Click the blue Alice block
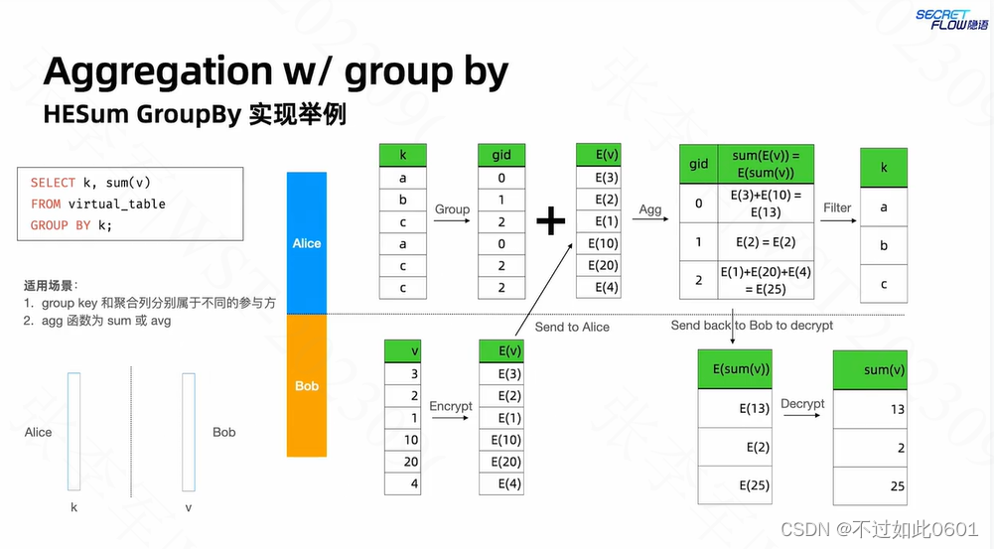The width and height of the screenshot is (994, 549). (x=306, y=243)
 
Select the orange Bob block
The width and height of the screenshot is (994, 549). (x=306, y=385)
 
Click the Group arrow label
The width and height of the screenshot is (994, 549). (x=452, y=209)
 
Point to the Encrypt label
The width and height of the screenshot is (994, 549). (x=451, y=406)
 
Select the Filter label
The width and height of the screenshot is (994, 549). (x=837, y=207)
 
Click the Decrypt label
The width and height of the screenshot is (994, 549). (x=802, y=404)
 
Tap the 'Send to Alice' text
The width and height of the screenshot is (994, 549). (x=572, y=327)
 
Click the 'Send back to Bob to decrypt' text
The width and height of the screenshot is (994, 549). (x=752, y=325)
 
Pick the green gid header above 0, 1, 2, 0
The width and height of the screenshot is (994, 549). (x=501, y=155)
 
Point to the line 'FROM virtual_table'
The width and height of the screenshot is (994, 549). (x=97, y=204)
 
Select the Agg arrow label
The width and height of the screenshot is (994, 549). (x=650, y=209)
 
